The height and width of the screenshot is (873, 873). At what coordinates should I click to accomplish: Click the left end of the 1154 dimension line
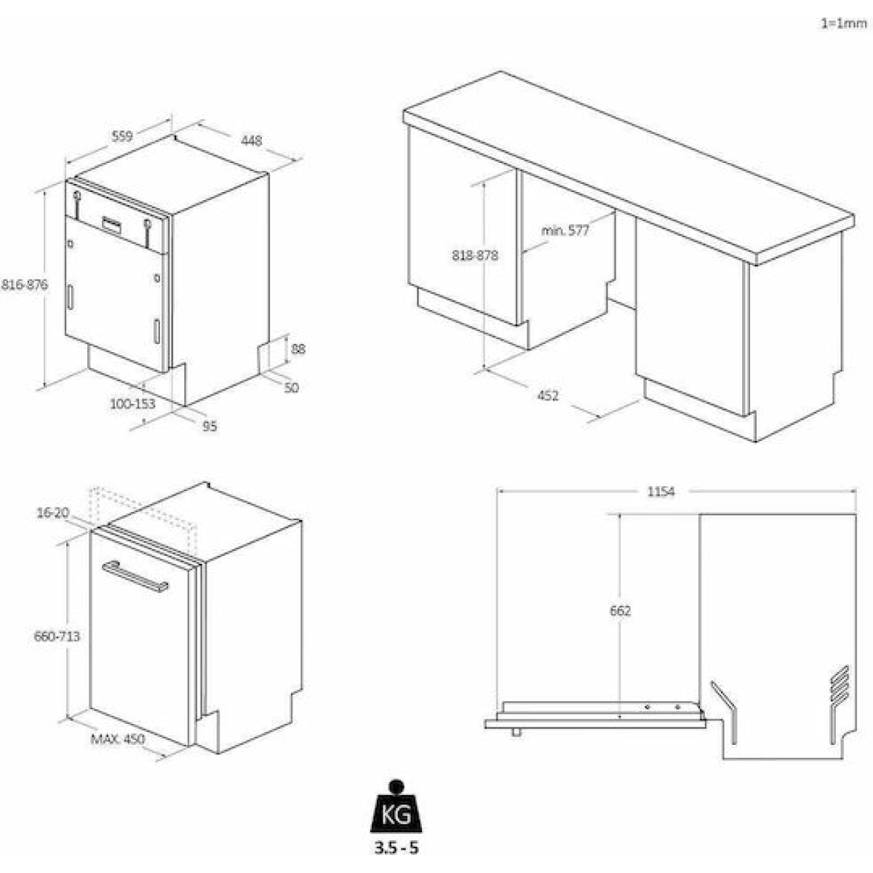point(498,490)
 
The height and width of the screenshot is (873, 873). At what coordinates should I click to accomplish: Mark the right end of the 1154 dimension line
point(856,490)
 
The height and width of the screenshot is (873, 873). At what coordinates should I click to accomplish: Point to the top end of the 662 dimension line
point(619,514)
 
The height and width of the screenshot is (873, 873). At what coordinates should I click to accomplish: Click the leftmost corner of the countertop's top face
point(403,111)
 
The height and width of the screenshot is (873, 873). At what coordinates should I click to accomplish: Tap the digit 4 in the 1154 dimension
point(671,492)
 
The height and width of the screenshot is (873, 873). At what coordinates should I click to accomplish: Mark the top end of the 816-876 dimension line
point(44,191)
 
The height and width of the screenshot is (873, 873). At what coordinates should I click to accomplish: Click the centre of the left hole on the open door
point(647,707)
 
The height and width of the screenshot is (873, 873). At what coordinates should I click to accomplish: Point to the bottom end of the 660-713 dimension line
point(67,717)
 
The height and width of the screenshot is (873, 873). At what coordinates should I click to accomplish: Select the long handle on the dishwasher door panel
point(135,576)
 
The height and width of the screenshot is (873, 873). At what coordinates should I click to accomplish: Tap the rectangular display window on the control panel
point(112,225)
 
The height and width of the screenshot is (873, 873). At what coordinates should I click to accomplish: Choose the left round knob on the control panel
point(77,196)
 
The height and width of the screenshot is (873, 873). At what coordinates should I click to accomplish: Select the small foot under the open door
point(516,732)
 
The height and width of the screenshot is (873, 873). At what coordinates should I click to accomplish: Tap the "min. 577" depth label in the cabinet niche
point(565,231)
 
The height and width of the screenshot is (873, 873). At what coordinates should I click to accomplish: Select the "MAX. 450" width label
point(118,739)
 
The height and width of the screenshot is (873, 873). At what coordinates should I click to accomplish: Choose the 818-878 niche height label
point(475,256)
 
